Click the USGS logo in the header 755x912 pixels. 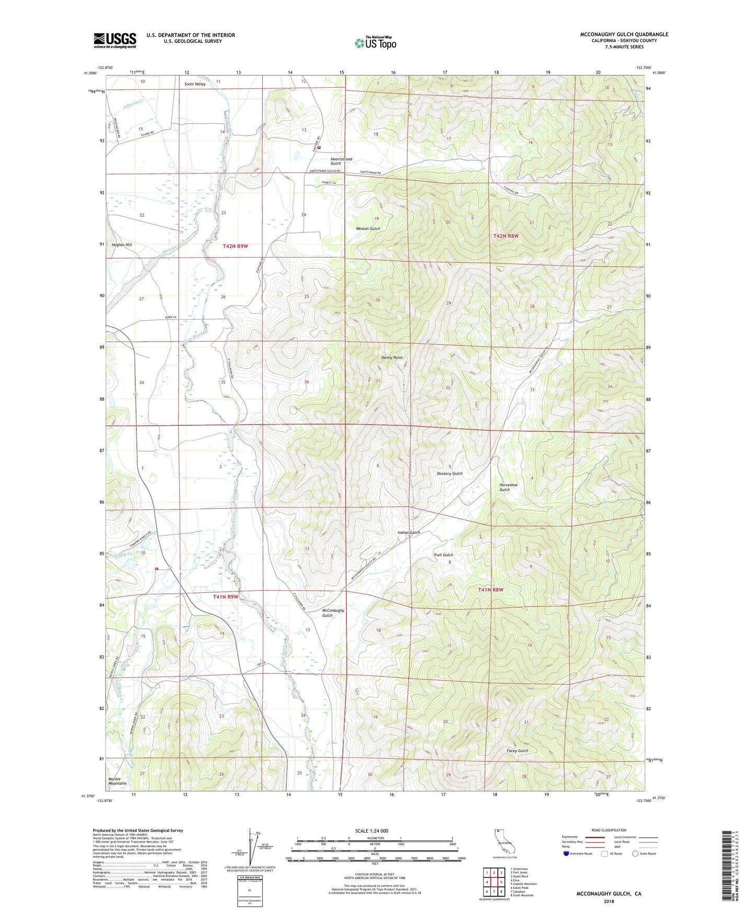pyautogui.click(x=114, y=40)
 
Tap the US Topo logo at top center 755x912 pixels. pyautogui.click(x=375, y=43)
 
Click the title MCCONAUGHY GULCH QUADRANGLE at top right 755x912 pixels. pyautogui.click(x=624, y=34)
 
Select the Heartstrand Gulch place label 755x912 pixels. pyautogui.click(x=341, y=161)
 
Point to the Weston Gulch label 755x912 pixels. pyautogui.click(x=367, y=229)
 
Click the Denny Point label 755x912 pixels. pyautogui.click(x=391, y=358)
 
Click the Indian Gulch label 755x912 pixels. pyautogui.click(x=409, y=533)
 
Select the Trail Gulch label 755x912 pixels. pyautogui.click(x=444, y=555)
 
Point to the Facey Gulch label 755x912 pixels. pyautogui.click(x=517, y=751)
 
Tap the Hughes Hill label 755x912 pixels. pyautogui.click(x=122, y=244)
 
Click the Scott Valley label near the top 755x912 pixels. pyautogui.click(x=195, y=84)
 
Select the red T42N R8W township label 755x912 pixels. pyautogui.click(x=506, y=236)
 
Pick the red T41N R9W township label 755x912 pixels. pyautogui.click(x=225, y=597)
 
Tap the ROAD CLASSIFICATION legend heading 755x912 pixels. pyautogui.click(x=609, y=830)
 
